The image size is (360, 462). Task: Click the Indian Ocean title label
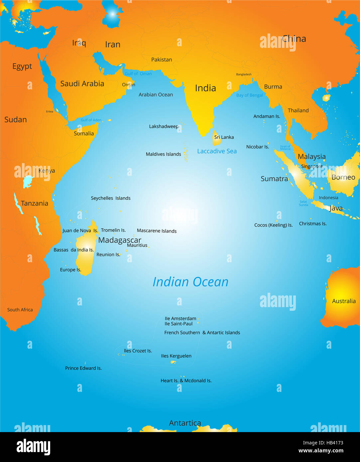190,282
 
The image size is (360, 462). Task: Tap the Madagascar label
120,240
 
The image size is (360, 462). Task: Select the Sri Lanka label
224,137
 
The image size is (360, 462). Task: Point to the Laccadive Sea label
217,151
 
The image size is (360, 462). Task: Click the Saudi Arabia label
82,84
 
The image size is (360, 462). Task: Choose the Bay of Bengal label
249,95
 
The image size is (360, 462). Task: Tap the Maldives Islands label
163,154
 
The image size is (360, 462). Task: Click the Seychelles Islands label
111,198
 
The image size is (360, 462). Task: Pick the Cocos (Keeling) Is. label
273,225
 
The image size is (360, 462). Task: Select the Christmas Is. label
313,224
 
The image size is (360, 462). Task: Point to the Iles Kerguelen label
176,356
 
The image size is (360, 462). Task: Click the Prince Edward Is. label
83,368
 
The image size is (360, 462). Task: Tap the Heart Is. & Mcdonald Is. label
186,381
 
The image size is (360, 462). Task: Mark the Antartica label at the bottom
185,423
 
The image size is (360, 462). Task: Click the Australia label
344,301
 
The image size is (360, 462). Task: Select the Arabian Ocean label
156,95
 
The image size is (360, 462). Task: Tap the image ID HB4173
323,443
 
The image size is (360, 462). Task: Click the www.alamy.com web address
321,451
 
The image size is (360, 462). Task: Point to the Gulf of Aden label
91,120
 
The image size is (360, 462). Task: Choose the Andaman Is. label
267,116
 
